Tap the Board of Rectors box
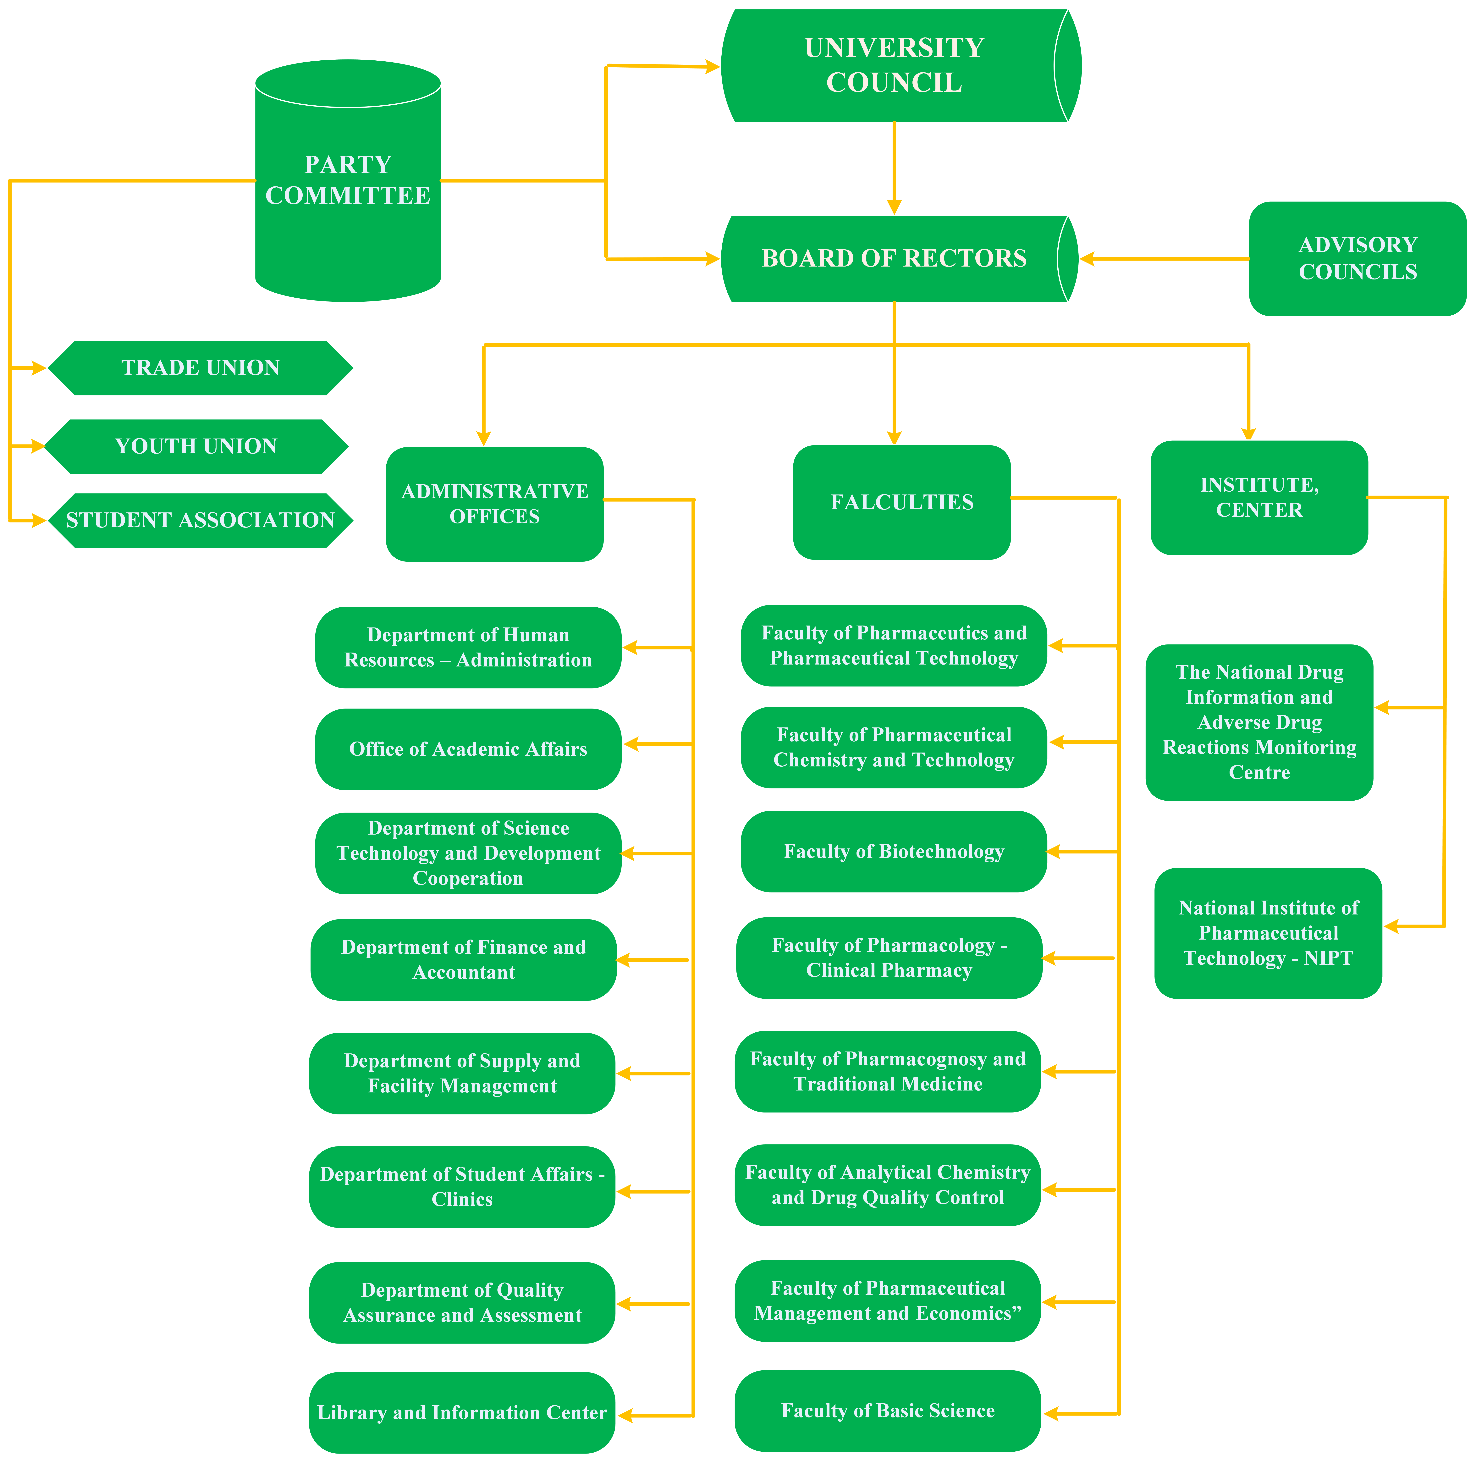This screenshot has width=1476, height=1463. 894,259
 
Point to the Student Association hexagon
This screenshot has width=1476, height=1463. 200,520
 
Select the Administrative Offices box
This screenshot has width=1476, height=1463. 494,504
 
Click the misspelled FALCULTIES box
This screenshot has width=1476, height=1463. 901,502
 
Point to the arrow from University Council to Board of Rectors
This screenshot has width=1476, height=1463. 894,168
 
